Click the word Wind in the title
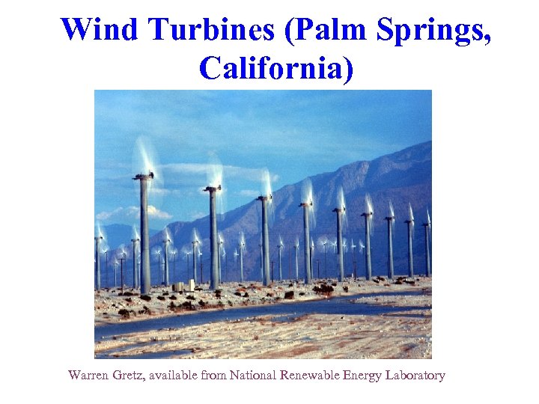(x=100, y=30)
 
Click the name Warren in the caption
(x=89, y=376)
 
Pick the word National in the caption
(x=254, y=376)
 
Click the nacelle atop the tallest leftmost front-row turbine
(x=143, y=177)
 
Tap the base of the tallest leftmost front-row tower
(x=145, y=289)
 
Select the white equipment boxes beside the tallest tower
(x=183, y=286)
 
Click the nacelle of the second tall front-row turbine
(x=213, y=189)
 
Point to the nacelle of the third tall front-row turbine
(x=264, y=198)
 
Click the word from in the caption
(x=213, y=376)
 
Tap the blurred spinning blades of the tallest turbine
(x=144, y=157)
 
